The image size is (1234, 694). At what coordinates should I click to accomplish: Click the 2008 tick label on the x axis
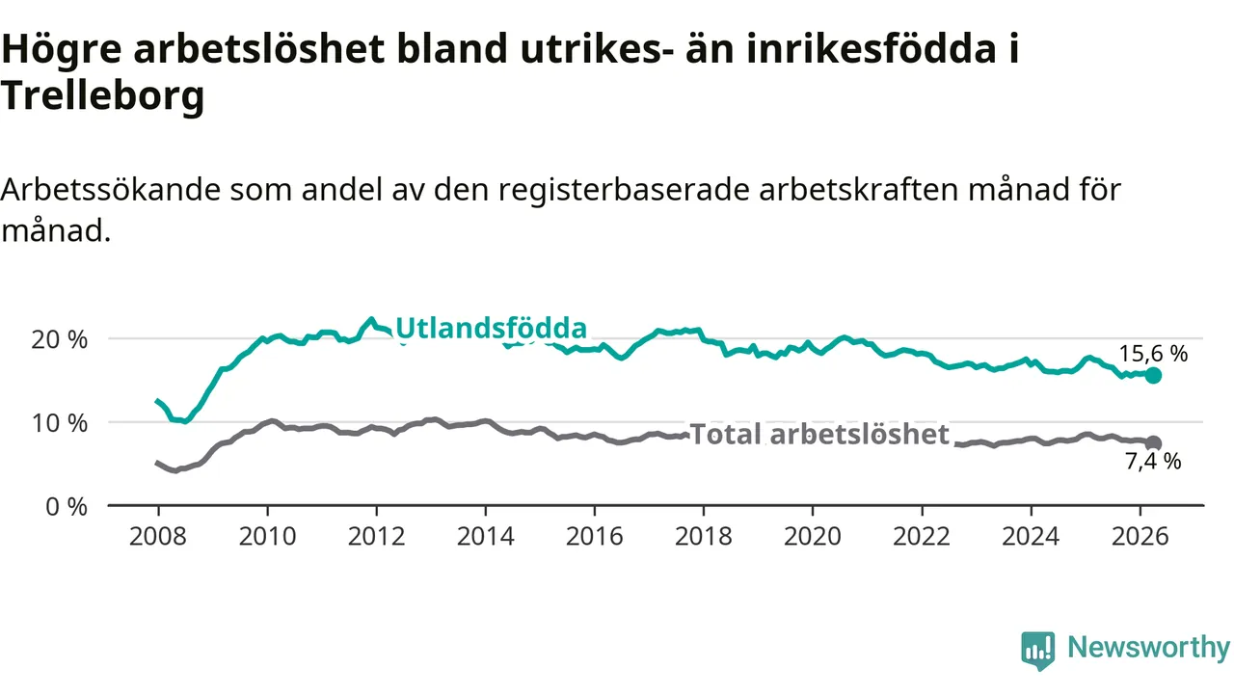[x=157, y=536]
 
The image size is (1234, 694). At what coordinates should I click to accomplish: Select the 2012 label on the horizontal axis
[x=376, y=536]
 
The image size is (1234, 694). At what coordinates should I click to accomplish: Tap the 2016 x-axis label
[x=595, y=536]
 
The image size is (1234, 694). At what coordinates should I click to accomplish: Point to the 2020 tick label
[x=813, y=536]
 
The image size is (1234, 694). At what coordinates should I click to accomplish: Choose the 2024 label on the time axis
[x=1031, y=536]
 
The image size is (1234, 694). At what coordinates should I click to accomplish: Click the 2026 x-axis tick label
[x=1140, y=536]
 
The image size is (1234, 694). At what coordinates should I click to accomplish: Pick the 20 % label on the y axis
[x=60, y=340]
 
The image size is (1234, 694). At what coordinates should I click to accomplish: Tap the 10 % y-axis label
[x=60, y=423]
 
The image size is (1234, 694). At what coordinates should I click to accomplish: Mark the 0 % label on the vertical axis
[x=67, y=507]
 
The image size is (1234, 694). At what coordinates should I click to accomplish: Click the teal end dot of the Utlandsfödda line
[x=1153, y=376]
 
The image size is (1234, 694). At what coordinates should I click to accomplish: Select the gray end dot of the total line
[x=1153, y=442]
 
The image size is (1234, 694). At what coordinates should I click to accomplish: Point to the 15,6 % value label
[x=1153, y=354]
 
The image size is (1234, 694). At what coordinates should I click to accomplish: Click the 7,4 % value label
[x=1153, y=461]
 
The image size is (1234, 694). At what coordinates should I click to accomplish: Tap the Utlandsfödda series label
[x=491, y=329]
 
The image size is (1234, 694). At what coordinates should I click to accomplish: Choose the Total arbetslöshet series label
[x=819, y=434]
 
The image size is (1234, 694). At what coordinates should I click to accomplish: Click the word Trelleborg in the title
[x=102, y=95]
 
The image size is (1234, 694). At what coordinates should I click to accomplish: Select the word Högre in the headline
[x=62, y=49]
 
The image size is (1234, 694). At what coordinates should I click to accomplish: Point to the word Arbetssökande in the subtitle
[x=110, y=190]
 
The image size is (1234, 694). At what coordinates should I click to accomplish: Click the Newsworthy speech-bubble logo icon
[x=1038, y=651]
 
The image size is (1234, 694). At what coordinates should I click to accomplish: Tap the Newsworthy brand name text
[x=1148, y=647]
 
